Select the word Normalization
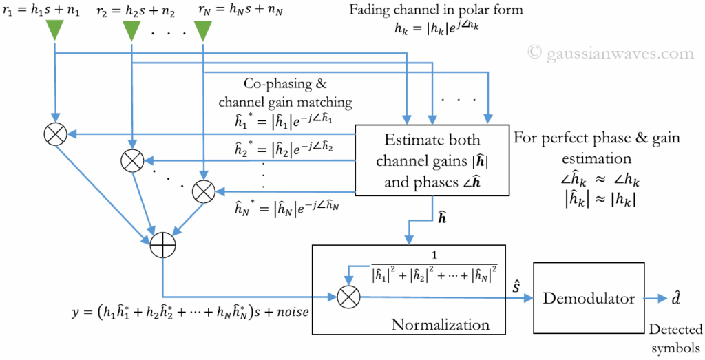pyautogui.click(x=440, y=324)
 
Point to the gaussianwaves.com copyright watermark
pyautogui.click(x=611, y=53)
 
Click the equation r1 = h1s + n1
pyautogui.click(x=42, y=10)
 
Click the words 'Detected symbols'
pyautogui.click(x=675, y=337)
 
